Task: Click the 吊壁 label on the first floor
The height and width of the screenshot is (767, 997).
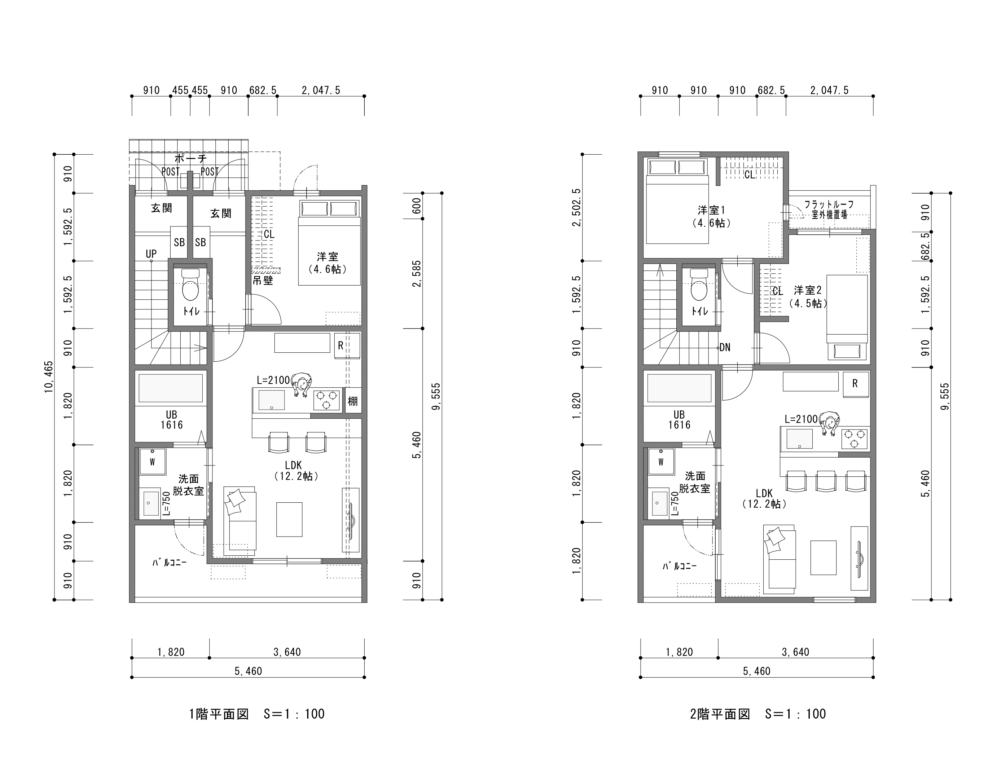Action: tap(263, 280)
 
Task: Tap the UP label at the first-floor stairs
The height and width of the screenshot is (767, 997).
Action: tap(151, 254)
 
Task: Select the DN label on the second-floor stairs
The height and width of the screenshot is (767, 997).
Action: tap(725, 347)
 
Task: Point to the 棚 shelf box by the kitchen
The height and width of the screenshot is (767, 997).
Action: tap(353, 400)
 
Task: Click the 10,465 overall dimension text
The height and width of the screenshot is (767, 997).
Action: tap(48, 377)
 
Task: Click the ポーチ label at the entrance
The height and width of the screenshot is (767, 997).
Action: tap(191, 159)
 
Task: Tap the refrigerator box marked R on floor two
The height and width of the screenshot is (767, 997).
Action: tap(855, 384)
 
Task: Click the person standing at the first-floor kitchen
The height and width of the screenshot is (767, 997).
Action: tap(301, 384)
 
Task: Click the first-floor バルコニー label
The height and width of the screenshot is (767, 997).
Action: tap(170, 563)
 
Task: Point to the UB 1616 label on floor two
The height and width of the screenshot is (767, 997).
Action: tap(679, 420)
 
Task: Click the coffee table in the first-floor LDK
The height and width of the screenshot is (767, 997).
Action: tap(289, 519)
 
